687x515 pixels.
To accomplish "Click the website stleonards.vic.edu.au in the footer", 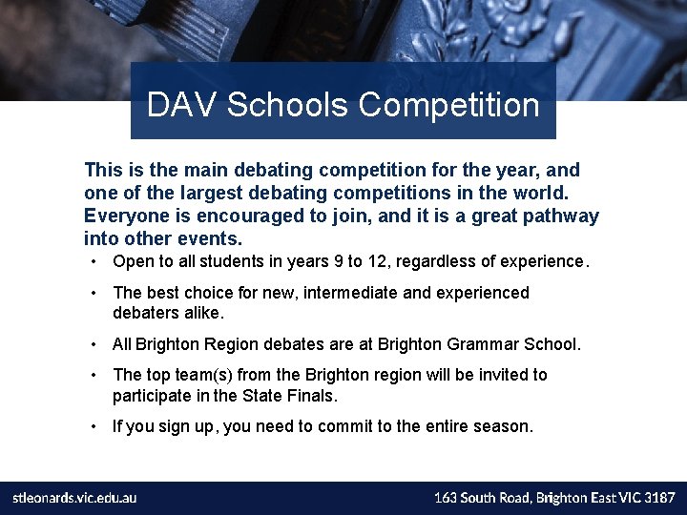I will [74, 498].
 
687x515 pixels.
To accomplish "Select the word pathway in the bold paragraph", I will [564, 216].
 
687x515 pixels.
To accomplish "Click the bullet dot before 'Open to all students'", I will [96, 261].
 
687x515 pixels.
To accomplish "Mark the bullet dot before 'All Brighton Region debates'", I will [96, 343].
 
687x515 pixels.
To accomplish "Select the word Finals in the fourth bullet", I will [313, 395].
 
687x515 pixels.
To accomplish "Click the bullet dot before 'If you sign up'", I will [96, 426].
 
